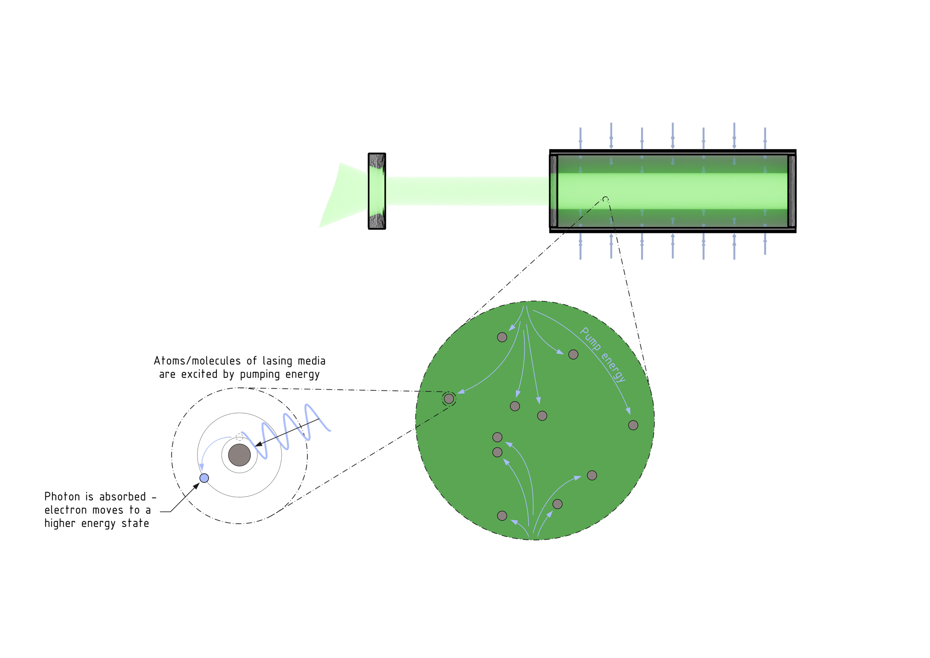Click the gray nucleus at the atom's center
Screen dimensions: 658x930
pos(240,455)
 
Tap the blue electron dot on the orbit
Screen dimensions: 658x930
pos(204,478)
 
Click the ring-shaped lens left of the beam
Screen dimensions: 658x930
pos(376,191)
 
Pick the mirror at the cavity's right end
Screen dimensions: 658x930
pos(792,191)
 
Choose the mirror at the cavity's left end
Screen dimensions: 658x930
pos(553,191)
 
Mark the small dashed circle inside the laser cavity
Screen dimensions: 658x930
pos(605,199)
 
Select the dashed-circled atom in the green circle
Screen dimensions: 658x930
pos(449,399)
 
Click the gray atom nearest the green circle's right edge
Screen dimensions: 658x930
pos(633,425)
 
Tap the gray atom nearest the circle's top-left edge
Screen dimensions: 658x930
pos(502,337)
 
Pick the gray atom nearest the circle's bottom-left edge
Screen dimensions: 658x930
pos(502,516)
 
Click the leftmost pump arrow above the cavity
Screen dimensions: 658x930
pos(580,138)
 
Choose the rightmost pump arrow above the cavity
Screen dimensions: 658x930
pos(765,138)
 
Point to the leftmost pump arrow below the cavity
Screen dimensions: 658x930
pos(580,246)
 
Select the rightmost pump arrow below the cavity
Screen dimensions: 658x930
pos(765,246)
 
